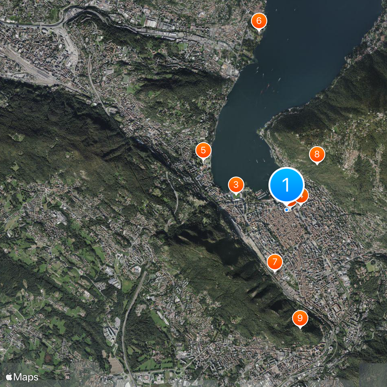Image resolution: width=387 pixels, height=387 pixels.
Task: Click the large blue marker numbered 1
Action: pos(286,185)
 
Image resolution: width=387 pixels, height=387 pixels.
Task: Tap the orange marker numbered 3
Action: pos(236,184)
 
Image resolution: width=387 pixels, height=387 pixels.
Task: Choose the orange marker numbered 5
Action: pos(203,150)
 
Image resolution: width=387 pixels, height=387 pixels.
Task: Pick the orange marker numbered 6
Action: pos(259,21)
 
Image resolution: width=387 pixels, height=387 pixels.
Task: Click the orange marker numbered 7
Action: pos(275,262)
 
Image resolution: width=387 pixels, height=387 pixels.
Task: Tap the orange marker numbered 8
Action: pos(317,154)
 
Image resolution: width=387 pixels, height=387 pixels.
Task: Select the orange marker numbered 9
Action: pos(300,318)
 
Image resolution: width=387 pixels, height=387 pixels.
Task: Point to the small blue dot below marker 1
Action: pos(287,210)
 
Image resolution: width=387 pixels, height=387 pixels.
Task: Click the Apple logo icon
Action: pos(9,376)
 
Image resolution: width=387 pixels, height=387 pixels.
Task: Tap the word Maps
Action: pos(26,376)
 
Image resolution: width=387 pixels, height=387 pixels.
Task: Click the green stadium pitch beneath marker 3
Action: pos(237,196)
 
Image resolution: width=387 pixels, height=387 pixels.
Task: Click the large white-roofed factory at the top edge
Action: pos(150,23)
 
